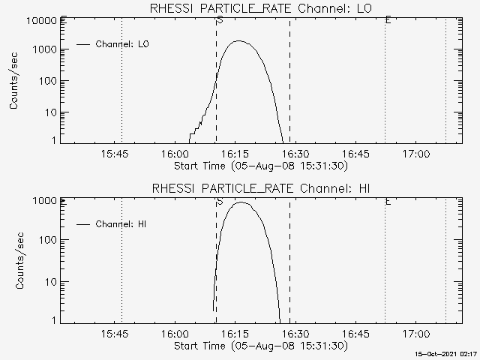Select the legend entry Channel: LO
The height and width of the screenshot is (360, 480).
click(123, 44)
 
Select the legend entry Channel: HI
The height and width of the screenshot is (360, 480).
click(120, 224)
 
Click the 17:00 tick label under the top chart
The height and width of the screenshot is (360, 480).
click(415, 153)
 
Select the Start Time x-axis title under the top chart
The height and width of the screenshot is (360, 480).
click(259, 165)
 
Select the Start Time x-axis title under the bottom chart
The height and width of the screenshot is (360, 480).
click(259, 346)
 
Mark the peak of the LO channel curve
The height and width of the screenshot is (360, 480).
click(238, 41)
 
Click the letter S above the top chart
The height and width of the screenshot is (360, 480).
click(219, 20)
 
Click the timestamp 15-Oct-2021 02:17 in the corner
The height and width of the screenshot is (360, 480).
click(448, 353)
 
